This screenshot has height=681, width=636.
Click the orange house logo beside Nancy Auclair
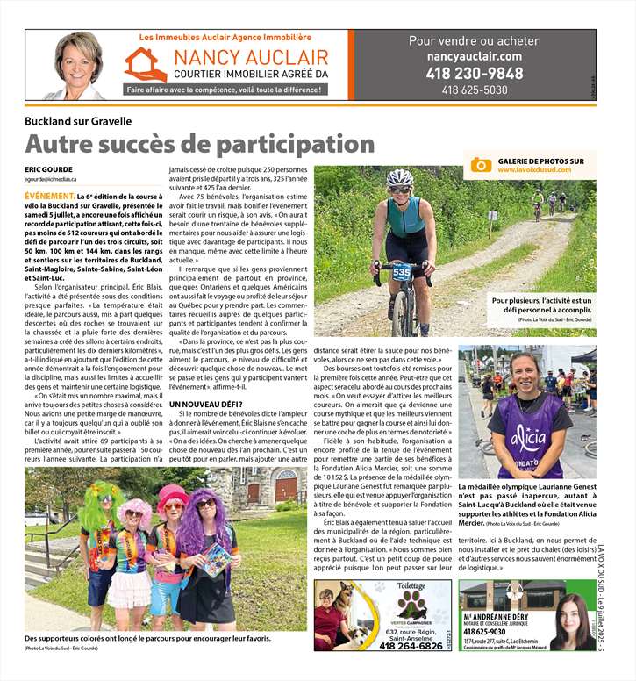click(145, 65)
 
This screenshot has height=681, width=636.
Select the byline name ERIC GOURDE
click(48, 169)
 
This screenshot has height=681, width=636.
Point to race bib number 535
click(401, 273)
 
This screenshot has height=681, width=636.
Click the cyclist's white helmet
click(399, 177)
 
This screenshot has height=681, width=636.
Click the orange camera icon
click(481, 165)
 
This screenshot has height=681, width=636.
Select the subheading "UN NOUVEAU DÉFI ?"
click(207, 405)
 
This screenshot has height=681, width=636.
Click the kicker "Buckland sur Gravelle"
click(78, 121)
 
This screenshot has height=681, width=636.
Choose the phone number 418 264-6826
click(411, 646)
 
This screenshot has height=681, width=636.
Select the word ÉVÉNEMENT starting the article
click(49, 196)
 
